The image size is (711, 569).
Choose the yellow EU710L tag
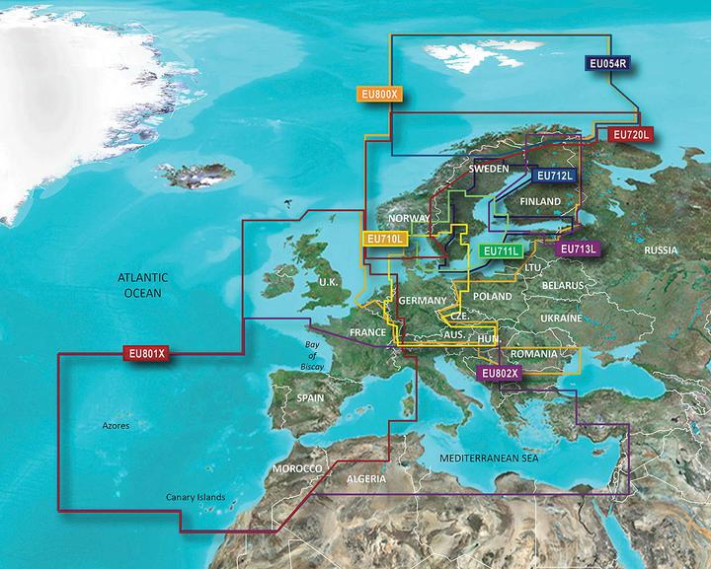pos(384,239)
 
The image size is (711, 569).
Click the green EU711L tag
pos(501,251)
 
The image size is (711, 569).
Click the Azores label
pos(117,427)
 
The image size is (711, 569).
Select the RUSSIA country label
pos(661,250)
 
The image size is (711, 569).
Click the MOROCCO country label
pos(299,466)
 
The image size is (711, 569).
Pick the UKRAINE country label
pos(562,320)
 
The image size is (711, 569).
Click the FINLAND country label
pos(540,202)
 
